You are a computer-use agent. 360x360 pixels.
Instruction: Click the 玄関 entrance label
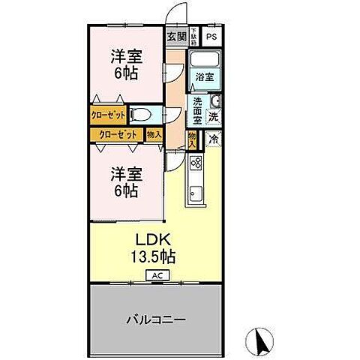pos(176,35)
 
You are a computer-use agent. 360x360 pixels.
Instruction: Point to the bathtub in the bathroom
pos(204,59)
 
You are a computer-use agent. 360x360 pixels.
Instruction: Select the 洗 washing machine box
pos(213,117)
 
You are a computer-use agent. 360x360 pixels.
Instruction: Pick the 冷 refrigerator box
pos(213,138)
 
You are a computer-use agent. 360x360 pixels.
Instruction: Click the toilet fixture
pos(142,115)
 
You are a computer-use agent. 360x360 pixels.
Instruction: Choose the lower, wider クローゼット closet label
pos(116,135)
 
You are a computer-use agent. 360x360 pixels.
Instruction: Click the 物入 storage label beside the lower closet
pos(154,135)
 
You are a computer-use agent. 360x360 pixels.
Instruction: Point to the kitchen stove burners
pos(196,162)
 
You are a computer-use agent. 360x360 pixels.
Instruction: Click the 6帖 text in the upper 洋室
pos(124,72)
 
